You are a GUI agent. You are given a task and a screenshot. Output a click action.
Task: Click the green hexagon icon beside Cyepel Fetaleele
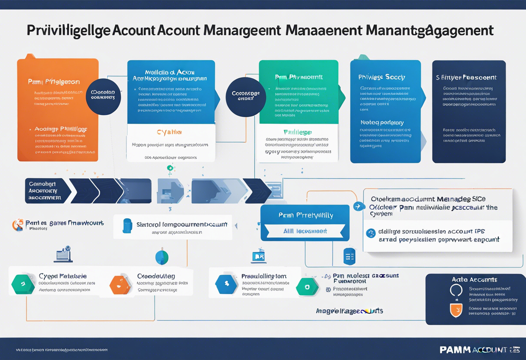(x=23, y=284)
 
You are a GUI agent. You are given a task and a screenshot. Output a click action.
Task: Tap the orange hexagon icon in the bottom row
(x=120, y=284)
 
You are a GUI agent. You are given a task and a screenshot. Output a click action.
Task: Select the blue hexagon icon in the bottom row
(x=226, y=284)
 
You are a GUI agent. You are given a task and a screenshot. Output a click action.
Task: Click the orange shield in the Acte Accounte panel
(x=456, y=310)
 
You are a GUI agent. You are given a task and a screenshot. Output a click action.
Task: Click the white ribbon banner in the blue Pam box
(x=305, y=231)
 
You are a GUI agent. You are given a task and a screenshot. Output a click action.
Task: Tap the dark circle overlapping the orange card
(x=103, y=96)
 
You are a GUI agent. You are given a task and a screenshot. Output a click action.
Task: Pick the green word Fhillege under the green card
(x=297, y=132)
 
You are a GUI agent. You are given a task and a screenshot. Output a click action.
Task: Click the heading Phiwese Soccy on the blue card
(x=382, y=77)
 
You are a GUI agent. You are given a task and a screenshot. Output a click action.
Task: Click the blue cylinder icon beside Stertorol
(x=127, y=225)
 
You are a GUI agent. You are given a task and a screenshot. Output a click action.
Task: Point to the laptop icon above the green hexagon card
(x=63, y=255)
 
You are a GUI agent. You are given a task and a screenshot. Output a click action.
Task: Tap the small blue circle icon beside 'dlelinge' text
(x=371, y=233)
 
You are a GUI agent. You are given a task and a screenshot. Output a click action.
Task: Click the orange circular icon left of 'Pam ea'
(x=18, y=225)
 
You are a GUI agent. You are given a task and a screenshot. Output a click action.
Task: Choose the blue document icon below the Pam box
(x=349, y=256)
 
